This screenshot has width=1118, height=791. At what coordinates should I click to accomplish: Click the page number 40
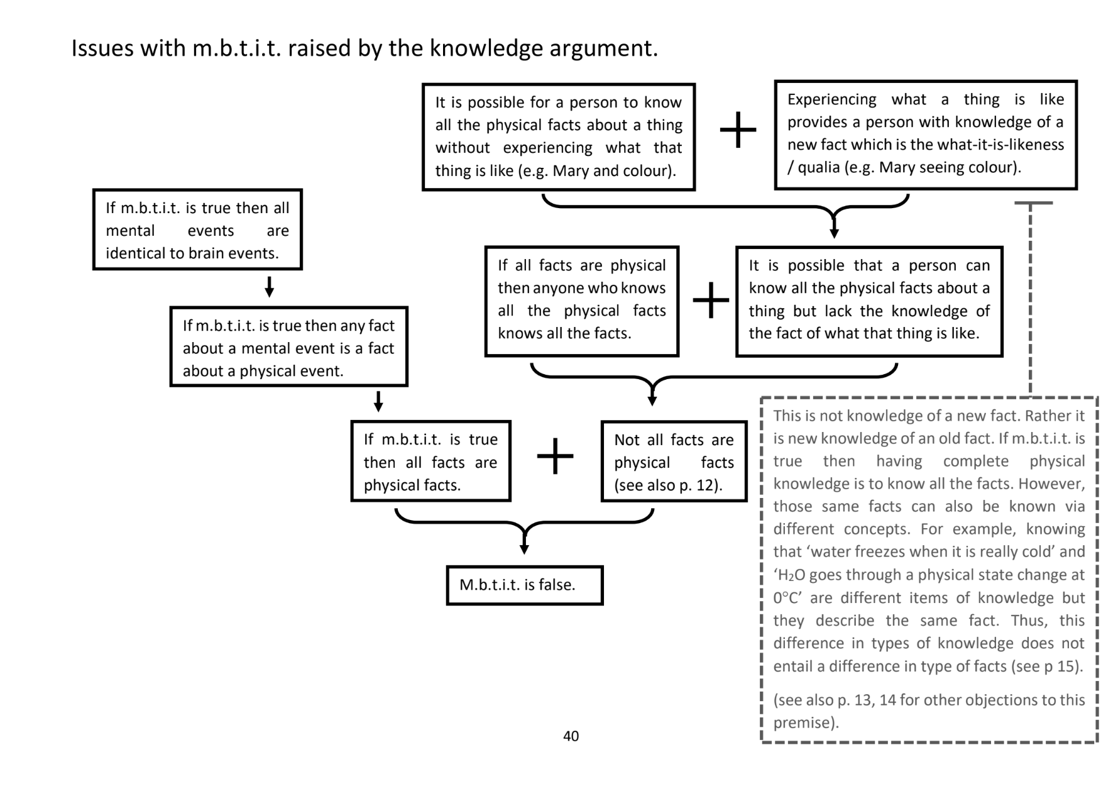tap(571, 736)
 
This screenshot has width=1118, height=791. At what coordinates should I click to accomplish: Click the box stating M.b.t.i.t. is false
tap(524, 585)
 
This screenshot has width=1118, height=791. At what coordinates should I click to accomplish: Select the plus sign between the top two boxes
tap(737, 131)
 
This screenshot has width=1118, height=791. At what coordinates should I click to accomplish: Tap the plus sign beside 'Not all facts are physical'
tap(556, 456)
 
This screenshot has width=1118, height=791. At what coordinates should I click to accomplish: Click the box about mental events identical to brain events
tap(197, 230)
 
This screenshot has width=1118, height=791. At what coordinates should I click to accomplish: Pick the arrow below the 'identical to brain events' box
tap(269, 287)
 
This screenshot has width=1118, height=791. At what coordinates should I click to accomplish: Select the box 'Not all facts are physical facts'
tap(674, 462)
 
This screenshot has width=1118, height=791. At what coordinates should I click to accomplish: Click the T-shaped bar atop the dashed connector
tap(1033, 203)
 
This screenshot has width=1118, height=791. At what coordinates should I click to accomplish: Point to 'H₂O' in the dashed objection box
tap(791, 575)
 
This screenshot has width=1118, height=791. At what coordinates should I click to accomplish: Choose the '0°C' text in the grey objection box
tap(786, 598)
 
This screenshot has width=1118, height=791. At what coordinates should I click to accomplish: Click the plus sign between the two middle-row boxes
tap(710, 300)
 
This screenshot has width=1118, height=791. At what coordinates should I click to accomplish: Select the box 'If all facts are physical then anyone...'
tap(581, 300)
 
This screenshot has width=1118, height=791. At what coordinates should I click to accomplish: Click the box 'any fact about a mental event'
tap(288, 347)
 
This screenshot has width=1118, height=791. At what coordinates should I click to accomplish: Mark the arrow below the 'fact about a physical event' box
tap(378, 401)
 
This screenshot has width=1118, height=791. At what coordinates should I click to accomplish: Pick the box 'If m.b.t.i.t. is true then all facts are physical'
tap(430, 462)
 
